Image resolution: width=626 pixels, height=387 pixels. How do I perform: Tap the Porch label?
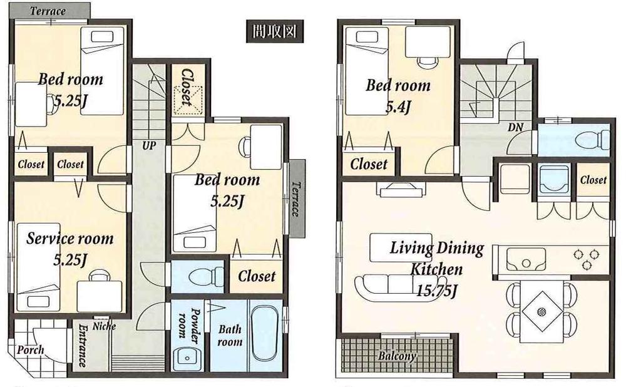pyautogui.click(x=31, y=349)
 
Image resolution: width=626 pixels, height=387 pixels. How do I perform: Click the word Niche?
pyautogui.click(x=103, y=326)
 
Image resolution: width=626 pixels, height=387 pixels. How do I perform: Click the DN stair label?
pyautogui.click(x=515, y=127)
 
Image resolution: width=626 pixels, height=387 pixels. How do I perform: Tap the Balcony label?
pyautogui.click(x=396, y=356)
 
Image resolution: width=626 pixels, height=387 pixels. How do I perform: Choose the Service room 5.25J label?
pyautogui.click(x=69, y=248)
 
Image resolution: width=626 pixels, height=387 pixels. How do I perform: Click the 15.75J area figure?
pyautogui.click(x=437, y=290)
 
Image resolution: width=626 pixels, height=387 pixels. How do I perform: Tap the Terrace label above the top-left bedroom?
pyautogui.click(x=48, y=11)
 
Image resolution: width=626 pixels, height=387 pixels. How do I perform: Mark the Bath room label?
pyautogui.click(x=230, y=335)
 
